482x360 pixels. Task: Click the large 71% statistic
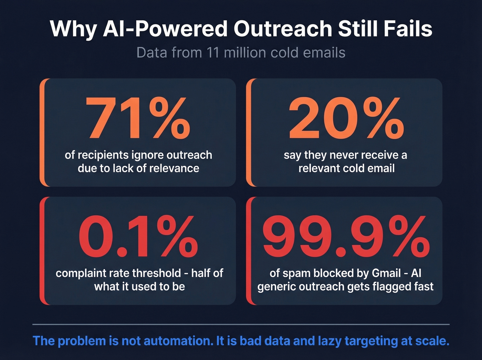[x=138, y=118]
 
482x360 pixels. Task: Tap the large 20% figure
[x=346, y=118]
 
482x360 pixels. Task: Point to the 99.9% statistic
[x=346, y=236]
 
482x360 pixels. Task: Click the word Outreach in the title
[x=282, y=29]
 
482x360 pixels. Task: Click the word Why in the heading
[x=73, y=29]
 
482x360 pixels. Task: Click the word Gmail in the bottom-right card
[x=386, y=273]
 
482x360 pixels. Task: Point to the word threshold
[x=156, y=273]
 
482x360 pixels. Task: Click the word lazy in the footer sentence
[x=329, y=341]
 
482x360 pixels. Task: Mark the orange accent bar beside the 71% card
[x=42, y=133]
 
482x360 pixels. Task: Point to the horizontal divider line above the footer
[x=241, y=324]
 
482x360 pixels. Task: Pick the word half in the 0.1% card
[x=202, y=273]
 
